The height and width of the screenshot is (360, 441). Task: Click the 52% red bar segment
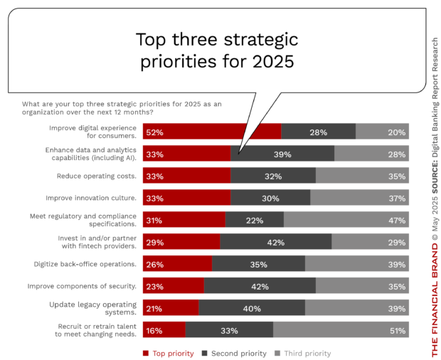click(x=212, y=132)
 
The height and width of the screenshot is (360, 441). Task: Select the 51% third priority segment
click(x=340, y=330)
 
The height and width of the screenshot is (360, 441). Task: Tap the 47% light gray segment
click(x=346, y=220)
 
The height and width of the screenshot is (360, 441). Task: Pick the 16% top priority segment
click(x=164, y=330)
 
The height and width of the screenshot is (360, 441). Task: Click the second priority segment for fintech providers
click(x=275, y=242)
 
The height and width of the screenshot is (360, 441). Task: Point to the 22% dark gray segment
click(x=254, y=220)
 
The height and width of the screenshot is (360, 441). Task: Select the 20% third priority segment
click(x=381, y=132)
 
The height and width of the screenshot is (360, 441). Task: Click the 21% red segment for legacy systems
click(x=171, y=308)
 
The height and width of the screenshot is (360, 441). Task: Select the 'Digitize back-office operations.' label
click(x=85, y=264)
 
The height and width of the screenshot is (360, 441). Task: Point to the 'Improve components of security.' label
click(x=82, y=286)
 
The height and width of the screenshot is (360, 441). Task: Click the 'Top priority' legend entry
click(x=169, y=353)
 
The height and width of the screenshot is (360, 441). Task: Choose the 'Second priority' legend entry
click(x=234, y=353)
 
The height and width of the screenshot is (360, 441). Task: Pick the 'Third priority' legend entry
click(x=302, y=353)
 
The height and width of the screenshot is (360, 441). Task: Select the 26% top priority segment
click(x=177, y=264)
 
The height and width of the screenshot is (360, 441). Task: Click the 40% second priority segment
click(x=252, y=308)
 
